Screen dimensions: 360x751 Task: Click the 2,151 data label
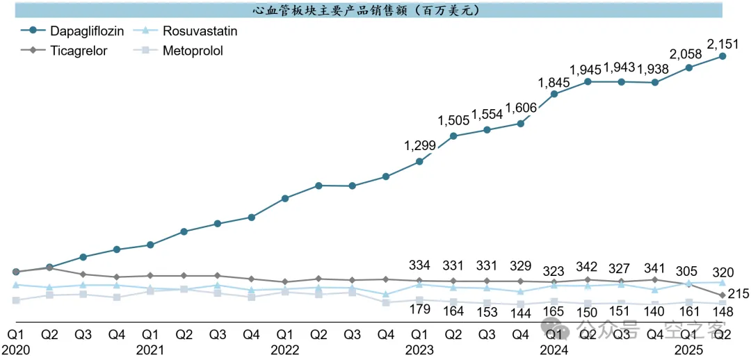pos(723,43)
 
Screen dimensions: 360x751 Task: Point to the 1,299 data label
pos(419,146)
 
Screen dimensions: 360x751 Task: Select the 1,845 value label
pos(554,83)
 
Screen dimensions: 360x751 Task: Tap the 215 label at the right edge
pos(738,294)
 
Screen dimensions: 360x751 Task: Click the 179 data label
pos(419,309)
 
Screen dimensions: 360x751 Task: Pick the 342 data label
pos(588,266)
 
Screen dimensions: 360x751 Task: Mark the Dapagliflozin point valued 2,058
pos(688,67)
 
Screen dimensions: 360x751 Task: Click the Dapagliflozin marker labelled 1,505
pos(453,136)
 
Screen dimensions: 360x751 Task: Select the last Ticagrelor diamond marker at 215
pos(722,296)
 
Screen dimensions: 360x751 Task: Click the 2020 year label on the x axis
pos(15,349)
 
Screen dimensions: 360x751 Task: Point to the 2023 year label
pos(419,349)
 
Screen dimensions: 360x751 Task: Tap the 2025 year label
pos(688,349)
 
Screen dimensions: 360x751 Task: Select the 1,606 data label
pos(520,108)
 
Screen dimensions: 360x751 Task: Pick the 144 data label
pos(520,313)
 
